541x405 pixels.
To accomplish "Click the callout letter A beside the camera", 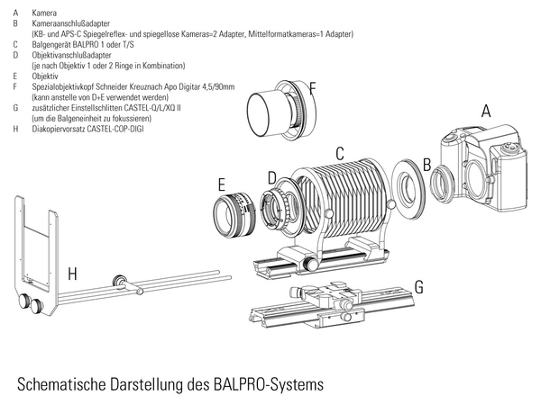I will point(486,112).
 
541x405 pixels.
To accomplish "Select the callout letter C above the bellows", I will point(339,153).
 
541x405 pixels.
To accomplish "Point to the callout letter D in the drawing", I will point(271,176).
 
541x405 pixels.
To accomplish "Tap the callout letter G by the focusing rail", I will point(417,287).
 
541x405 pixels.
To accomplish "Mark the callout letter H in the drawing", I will point(72,272).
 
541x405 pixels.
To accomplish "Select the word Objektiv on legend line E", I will point(45,76).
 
